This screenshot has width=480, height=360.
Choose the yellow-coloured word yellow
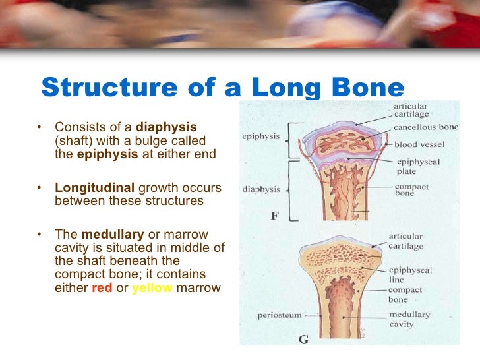tap(152, 287)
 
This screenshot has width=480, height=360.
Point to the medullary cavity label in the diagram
tap(409, 319)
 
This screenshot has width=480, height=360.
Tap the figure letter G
tap(303, 340)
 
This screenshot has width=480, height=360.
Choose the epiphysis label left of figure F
tap(262, 137)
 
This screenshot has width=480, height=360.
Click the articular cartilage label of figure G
tap(405, 241)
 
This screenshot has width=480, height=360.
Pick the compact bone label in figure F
tap(412, 191)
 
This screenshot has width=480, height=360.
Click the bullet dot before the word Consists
tap(40, 127)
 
